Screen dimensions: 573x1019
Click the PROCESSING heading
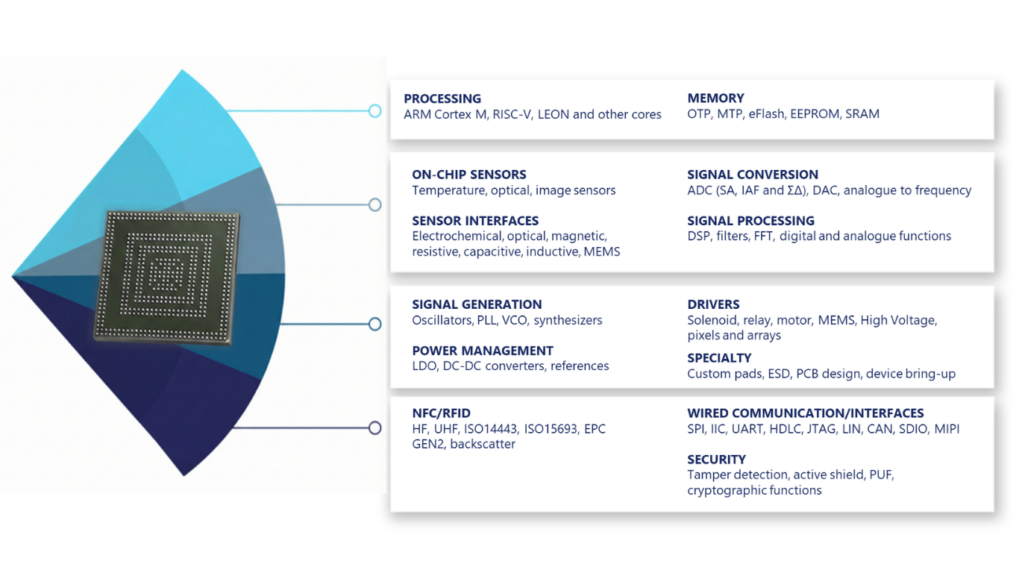pyautogui.click(x=442, y=98)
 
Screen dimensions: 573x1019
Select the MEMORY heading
pyautogui.click(x=715, y=98)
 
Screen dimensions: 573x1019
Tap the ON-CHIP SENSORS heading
pyautogui.click(x=469, y=175)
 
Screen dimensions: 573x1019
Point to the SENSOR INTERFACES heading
pyautogui.click(x=475, y=221)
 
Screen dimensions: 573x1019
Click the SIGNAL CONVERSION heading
pyautogui.click(x=753, y=175)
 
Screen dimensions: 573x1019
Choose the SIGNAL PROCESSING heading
pyautogui.click(x=750, y=221)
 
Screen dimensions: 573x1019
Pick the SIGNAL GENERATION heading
pyautogui.click(x=477, y=304)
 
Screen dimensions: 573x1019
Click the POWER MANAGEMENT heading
pyautogui.click(x=483, y=351)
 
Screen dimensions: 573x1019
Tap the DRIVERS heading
pyautogui.click(x=713, y=304)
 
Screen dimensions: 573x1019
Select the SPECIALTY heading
pyautogui.click(x=719, y=358)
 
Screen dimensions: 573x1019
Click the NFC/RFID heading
pyautogui.click(x=441, y=413)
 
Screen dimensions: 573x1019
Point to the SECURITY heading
pyautogui.click(x=716, y=460)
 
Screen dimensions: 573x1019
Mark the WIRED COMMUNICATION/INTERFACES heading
pyautogui.click(x=806, y=413)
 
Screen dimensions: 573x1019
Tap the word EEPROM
pyautogui.click(x=815, y=114)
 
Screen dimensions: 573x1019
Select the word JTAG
pyautogui.click(x=821, y=430)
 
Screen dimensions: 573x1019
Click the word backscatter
pyautogui.click(x=483, y=445)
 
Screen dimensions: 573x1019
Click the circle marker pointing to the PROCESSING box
pyautogui.click(x=374, y=111)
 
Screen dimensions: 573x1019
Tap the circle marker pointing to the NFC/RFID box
pyautogui.click(x=374, y=428)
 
